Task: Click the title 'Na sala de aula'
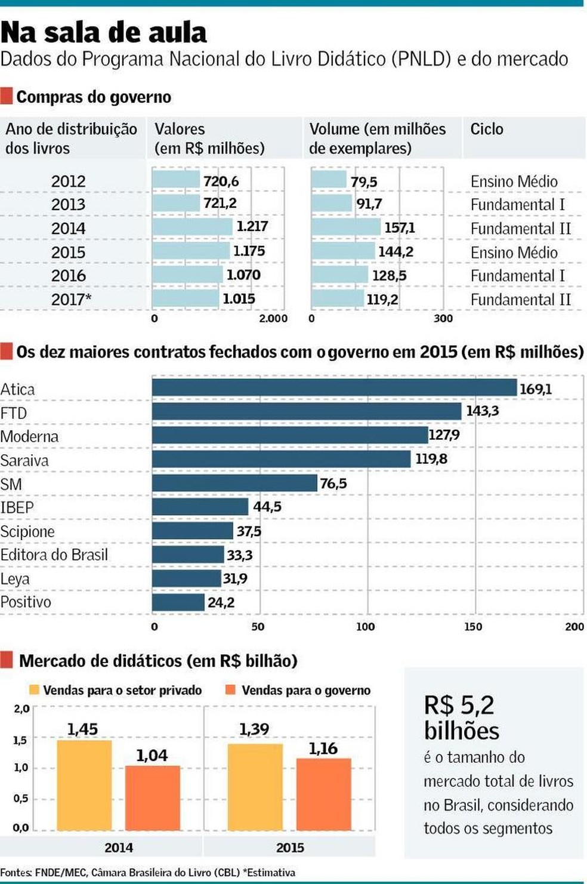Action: click(104, 33)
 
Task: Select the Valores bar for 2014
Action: click(192, 227)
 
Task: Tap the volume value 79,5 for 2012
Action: click(364, 181)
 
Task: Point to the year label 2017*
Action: click(71, 299)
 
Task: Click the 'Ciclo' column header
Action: click(487, 129)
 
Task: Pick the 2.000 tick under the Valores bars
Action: click(273, 319)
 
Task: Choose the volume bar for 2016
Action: click(340, 275)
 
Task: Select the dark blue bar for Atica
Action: click(334, 388)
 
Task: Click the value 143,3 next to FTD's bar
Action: click(482, 411)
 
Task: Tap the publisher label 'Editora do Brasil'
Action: click(54, 555)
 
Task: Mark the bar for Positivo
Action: click(178, 602)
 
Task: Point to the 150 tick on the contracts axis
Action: click(473, 627)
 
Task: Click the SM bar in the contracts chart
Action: click(234, 483)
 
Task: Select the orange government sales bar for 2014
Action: click(152, 797)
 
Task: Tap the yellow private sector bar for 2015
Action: click(255, 786)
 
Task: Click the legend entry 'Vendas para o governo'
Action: click(305, 691)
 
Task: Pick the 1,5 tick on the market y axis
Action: click(20, 740)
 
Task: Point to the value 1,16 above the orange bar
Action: click(323, 749)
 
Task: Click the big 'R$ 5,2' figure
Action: click(459, 706)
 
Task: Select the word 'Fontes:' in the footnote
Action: click(16, 873)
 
